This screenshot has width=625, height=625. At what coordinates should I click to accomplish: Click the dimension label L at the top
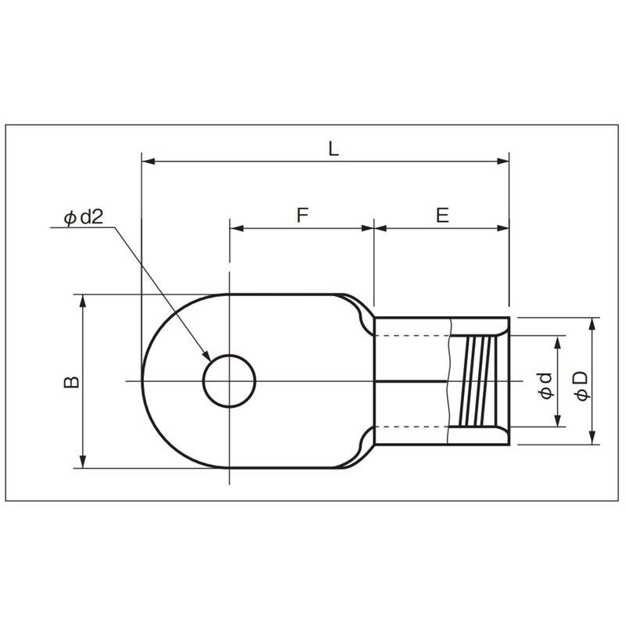[x=334, y=148]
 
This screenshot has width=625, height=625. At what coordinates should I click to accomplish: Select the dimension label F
[x=302, y=215]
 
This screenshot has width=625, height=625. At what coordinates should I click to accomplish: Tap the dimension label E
[x=442, y=215]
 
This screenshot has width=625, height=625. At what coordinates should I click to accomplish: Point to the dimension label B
[x=72, y=382]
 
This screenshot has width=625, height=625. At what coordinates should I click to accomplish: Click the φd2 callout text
[x=84, y=217]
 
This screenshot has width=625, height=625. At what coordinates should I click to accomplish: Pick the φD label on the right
[x=582, y=386]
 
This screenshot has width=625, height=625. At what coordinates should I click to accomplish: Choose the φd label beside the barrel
[x=546, y=386]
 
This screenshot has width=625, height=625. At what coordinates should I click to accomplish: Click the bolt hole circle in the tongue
[x=229, y=355]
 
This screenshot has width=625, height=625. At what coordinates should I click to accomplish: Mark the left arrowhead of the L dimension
[x=148, y=161]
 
